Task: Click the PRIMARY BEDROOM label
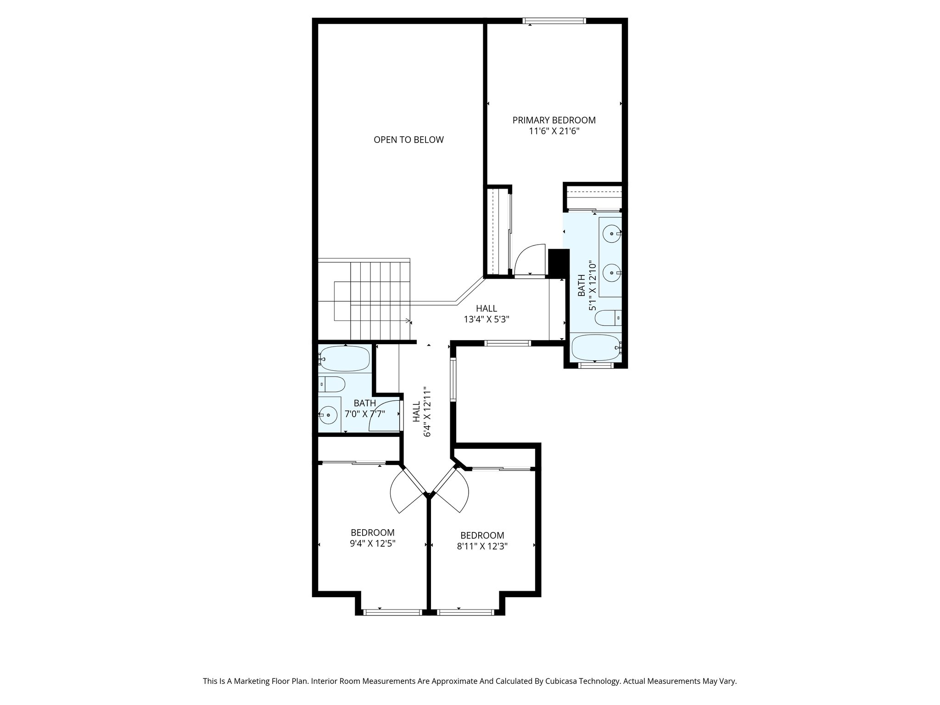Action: pos(554,120)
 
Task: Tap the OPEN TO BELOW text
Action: pos(408,140)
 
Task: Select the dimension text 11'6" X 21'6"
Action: pos(554,131)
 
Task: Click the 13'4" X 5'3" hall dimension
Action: pos(486,319)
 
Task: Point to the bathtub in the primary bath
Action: pos(595,348)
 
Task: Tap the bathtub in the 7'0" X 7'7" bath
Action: pos(345,358)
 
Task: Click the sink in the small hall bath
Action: pos(329,414)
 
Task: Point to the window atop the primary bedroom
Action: pos(554,21)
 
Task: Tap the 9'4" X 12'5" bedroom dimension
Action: pos(372,543)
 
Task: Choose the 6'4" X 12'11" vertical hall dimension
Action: pos(427,411)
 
